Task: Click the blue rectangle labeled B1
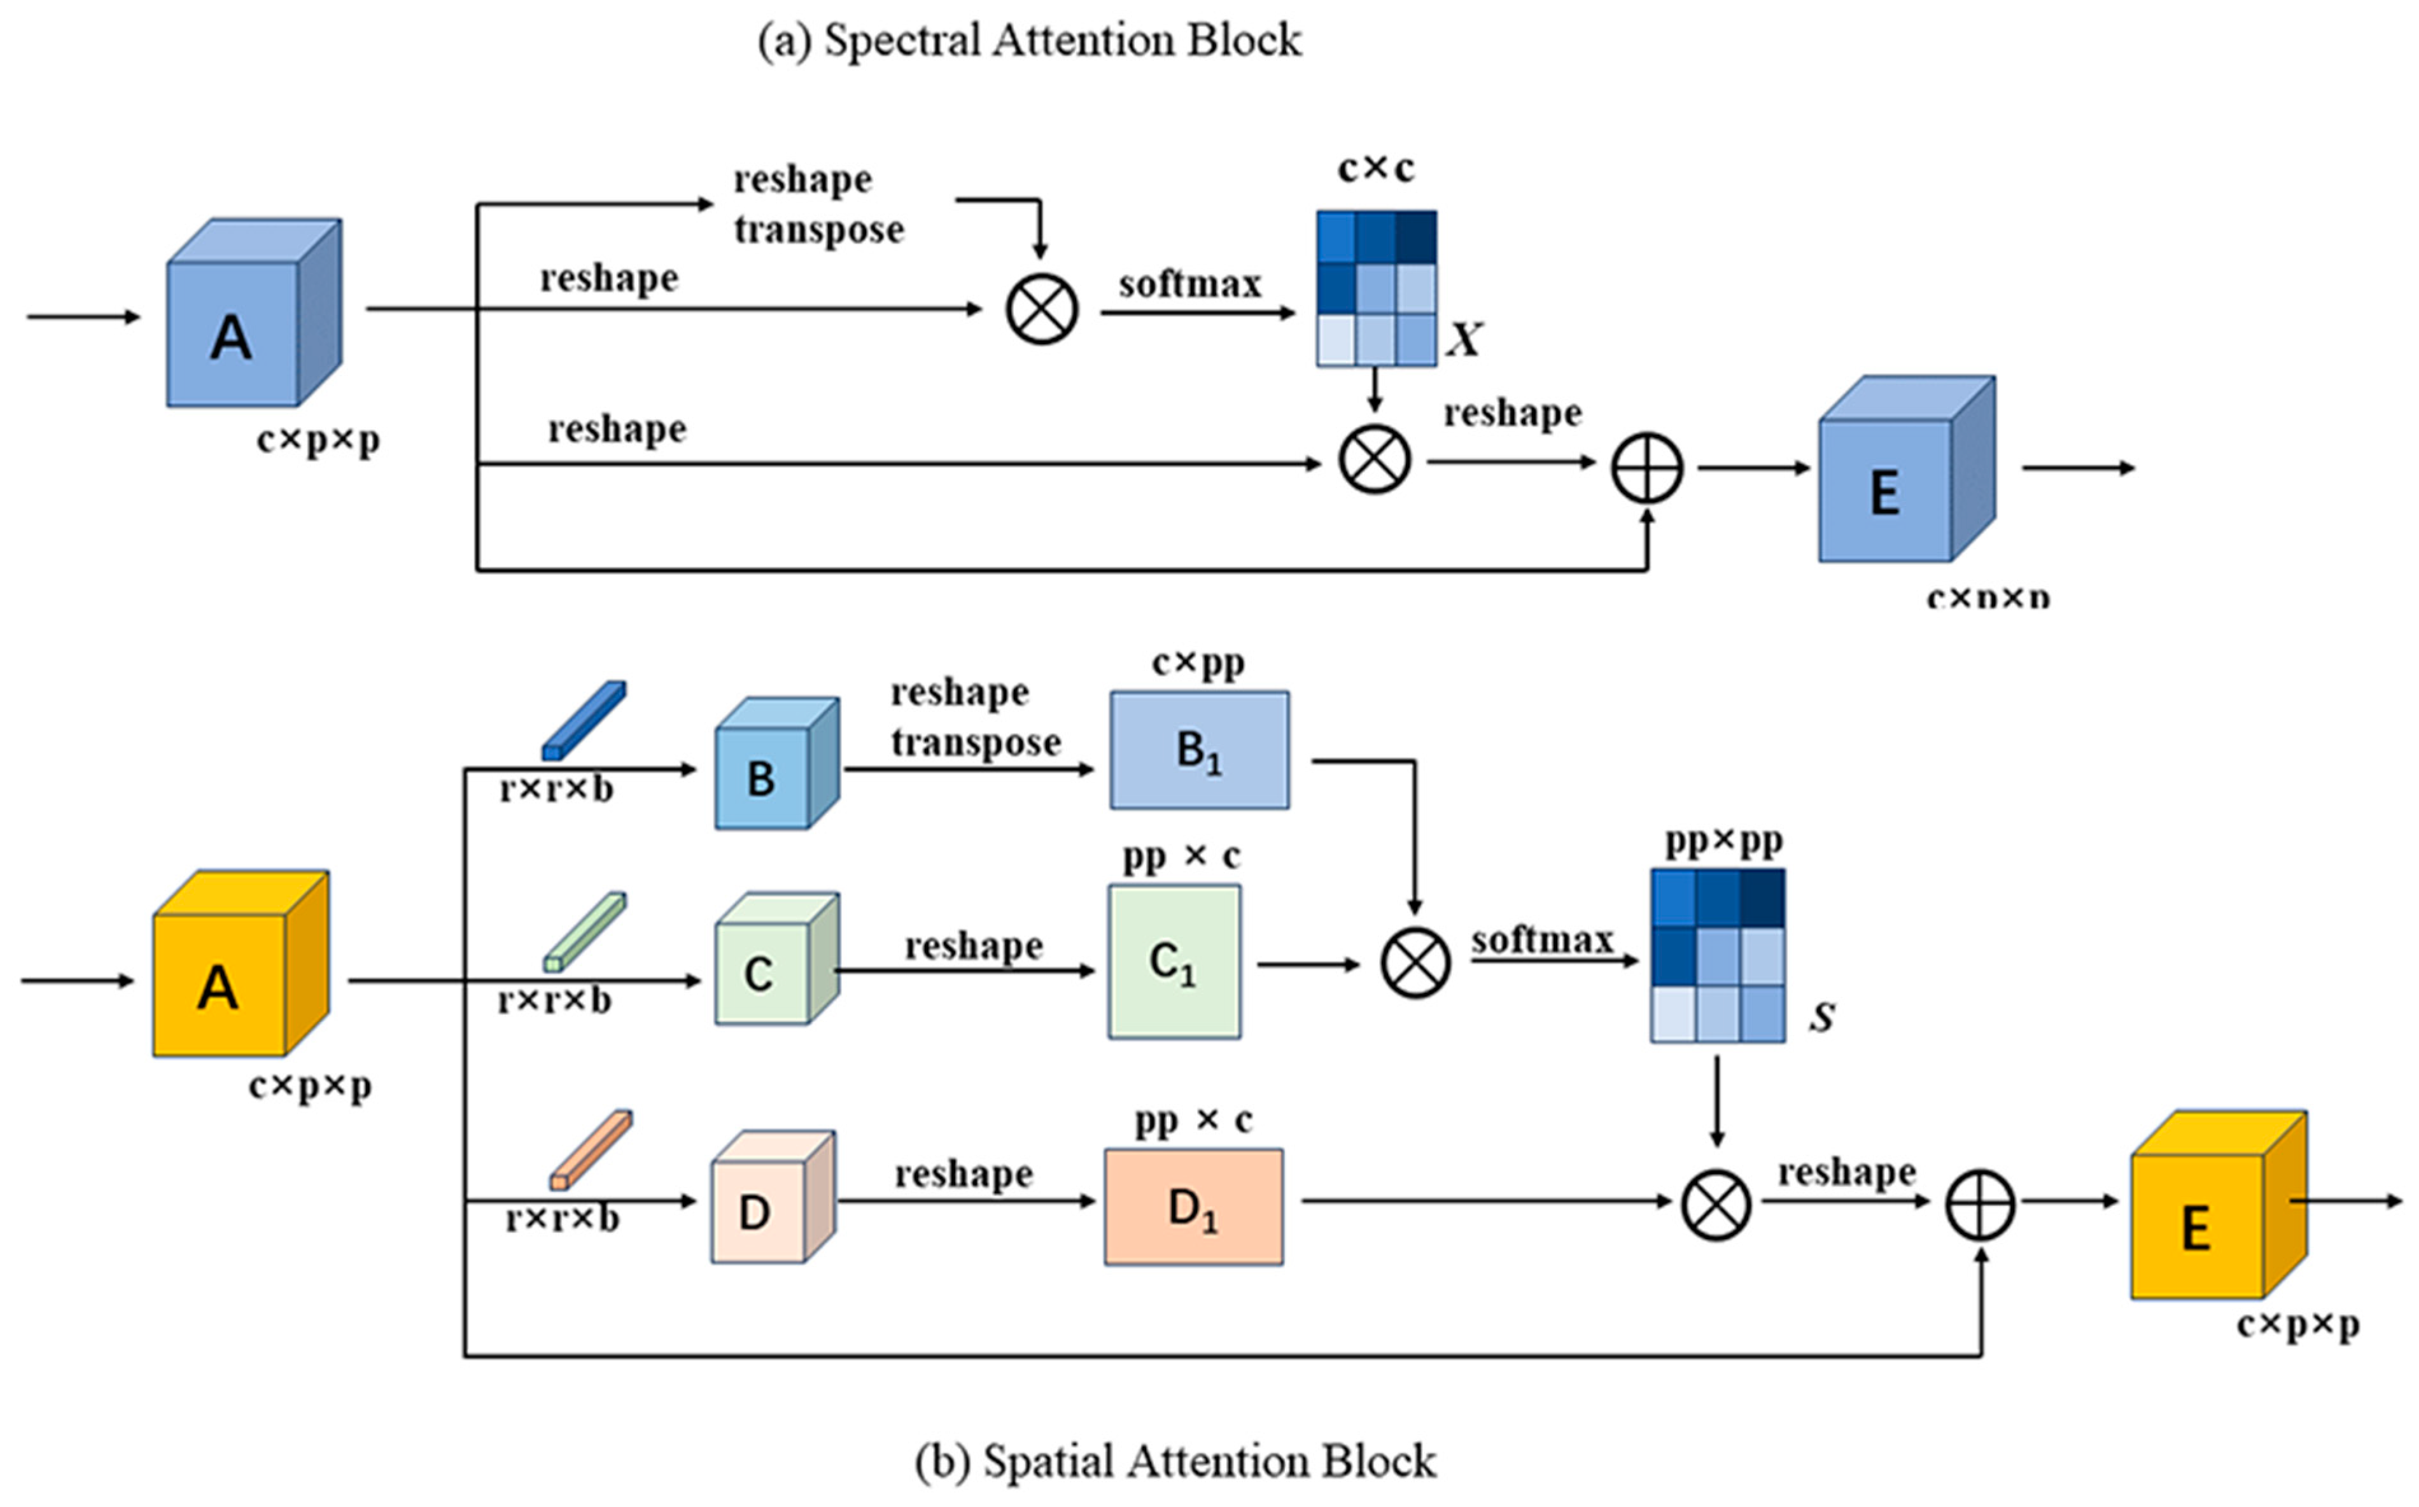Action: point(1199,750)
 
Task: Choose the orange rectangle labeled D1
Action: point(1193,1208)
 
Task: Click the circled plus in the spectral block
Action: point(1646,468)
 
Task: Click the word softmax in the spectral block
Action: point(1189,284)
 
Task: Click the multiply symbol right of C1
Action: point(1414,964)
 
